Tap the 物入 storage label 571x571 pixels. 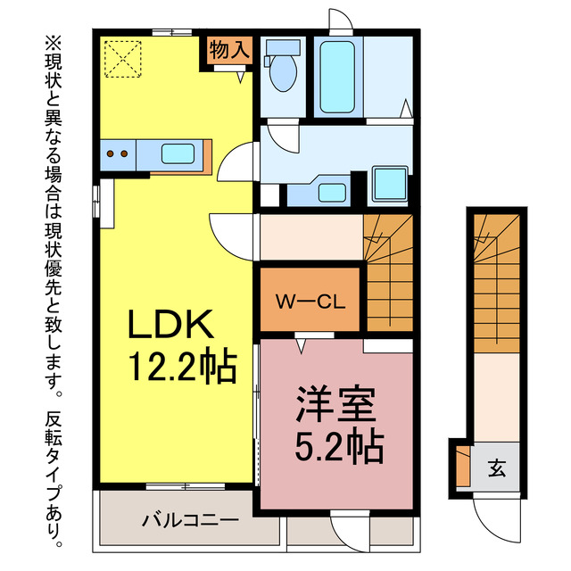[228, 50]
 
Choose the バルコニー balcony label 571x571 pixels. [189, 520]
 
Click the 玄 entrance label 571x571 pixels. [496, 468]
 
